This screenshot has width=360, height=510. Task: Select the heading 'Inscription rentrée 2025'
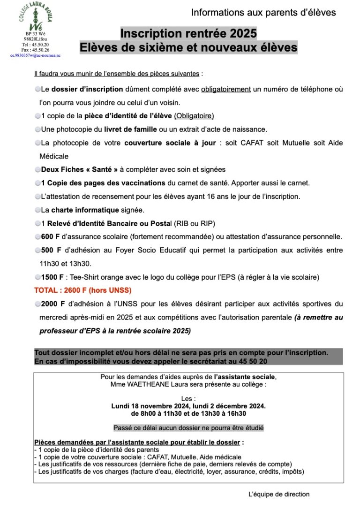tap(188, 34)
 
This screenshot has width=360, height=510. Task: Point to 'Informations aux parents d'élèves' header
tap(263, 13)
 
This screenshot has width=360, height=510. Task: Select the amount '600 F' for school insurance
tap(50, 236)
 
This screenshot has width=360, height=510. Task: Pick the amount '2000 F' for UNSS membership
tap(52, 304)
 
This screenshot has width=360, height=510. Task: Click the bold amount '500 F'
tap(50, 250)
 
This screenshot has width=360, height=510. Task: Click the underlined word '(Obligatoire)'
tap(194, 116)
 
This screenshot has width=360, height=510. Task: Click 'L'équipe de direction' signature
tap(279, 494)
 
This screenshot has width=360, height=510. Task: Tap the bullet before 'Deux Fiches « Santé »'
tap(37, 169)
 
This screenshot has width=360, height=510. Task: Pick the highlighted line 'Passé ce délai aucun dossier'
tap(188, 427)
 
